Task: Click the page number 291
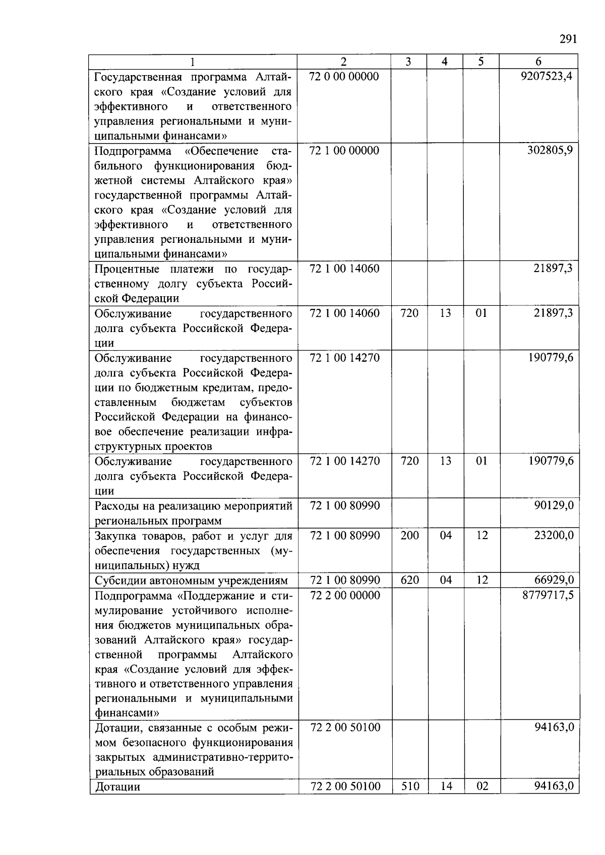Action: coord(568,40)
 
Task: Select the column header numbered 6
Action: coord(538,61)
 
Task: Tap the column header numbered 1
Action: coord(193,61)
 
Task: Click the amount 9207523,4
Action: coord(547,77)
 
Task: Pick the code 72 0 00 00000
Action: coord(344,77)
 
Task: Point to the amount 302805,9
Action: coord(550,150)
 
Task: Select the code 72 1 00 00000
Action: coord(344,150)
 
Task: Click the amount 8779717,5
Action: coord(547,595)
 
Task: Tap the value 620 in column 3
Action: coord(409,580)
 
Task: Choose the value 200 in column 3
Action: coord(409,535)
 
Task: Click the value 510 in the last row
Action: coord(409,786)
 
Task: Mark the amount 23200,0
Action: coord(554,535)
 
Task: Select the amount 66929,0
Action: coord(554,580)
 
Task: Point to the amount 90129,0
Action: coord(554,505)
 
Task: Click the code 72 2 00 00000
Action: coord(345,595)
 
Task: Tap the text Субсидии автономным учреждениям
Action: coord(191,580)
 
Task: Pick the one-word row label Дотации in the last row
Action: coord(117,786)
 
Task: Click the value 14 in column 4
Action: coord(446,786)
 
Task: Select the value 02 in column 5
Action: coord(482,786)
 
